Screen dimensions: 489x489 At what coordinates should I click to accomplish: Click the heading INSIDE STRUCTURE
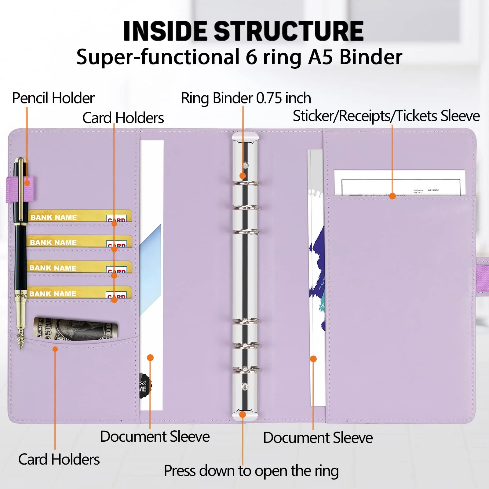tap(243, 31)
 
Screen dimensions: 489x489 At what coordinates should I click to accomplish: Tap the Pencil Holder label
tap(53, 98)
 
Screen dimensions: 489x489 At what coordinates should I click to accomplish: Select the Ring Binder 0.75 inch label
tap(246, 98)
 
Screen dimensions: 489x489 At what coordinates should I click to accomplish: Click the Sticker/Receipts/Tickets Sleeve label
tap(386, 116)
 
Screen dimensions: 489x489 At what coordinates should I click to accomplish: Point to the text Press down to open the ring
tap(251, 471)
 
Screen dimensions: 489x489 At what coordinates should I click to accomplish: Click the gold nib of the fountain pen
tap(21, 338)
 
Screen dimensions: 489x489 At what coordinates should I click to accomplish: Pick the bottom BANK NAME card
tap(79, 293)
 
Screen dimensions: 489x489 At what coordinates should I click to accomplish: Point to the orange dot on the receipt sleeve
tap(392, 196)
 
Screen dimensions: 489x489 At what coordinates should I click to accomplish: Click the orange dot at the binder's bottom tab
tap(243, 414)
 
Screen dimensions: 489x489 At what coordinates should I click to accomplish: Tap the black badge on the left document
tap(144, 385)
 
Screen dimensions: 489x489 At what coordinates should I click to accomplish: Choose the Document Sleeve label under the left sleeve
tap(155, 436)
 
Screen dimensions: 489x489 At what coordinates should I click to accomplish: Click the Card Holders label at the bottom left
tap(59, 459)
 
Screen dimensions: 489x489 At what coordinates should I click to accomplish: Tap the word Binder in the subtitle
tap(371, 57)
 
